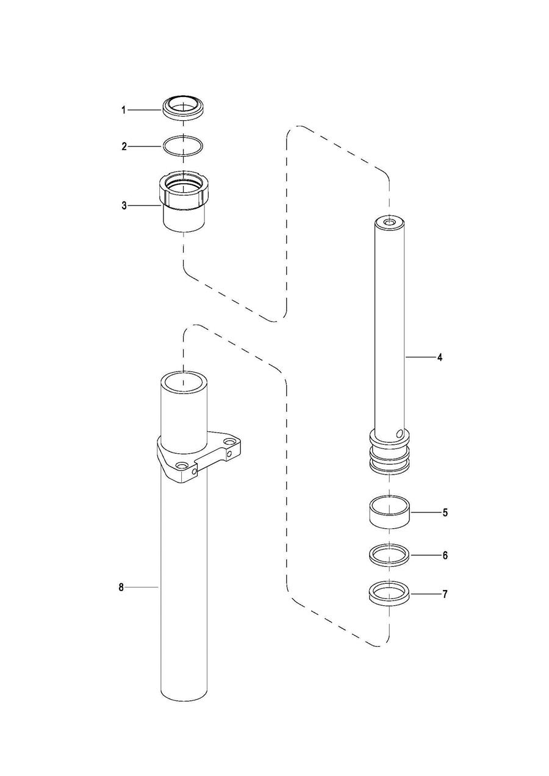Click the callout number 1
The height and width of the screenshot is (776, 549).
123,110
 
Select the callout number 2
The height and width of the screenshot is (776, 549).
124,146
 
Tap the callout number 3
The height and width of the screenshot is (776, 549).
124,206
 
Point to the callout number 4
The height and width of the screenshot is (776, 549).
440,357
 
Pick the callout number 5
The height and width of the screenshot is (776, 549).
445,512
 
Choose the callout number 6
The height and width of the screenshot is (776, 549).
445,555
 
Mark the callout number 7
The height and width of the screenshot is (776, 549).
445,594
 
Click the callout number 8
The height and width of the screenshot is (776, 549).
121,587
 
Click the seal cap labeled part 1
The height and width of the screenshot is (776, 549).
182,108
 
